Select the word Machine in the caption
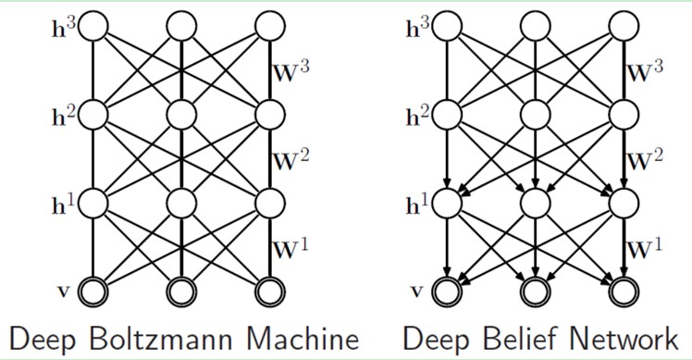click(306, 338)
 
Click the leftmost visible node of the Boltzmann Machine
click(93, 291)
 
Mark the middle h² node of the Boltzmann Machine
click(182, 115)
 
